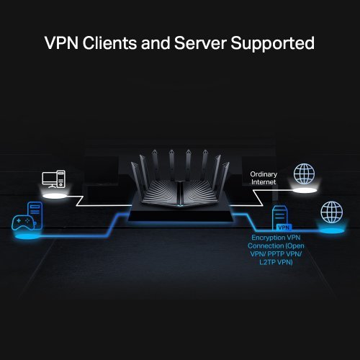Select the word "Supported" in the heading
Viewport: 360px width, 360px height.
point(274,43)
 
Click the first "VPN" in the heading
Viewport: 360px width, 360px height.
point(61,43)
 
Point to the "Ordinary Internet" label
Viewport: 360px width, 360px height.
point(263,179)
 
